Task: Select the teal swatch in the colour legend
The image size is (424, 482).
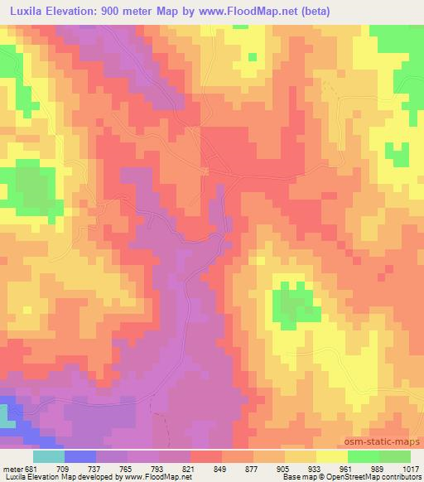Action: point(49,455)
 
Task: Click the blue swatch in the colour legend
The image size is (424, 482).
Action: point(80,455)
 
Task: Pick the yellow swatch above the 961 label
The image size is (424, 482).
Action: point(332,455)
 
